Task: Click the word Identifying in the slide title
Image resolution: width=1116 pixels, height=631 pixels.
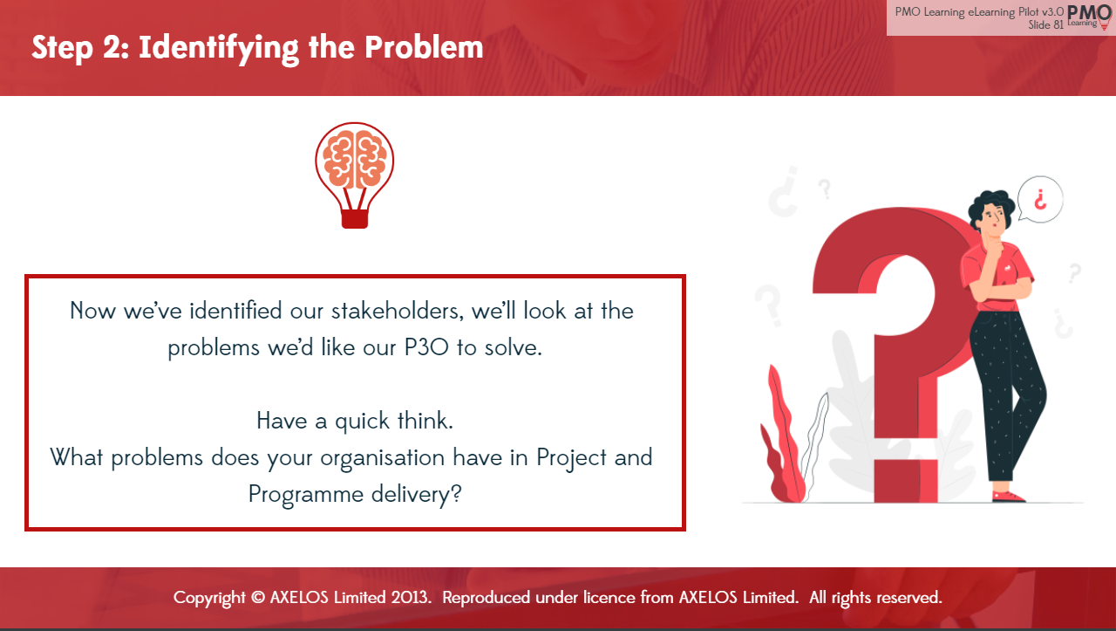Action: click(219, 49)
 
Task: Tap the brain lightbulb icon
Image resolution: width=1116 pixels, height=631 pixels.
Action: click(355, 175)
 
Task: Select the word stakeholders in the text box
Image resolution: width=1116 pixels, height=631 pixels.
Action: click(398, 312)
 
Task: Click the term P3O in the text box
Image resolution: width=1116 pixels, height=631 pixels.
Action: click(426, 347)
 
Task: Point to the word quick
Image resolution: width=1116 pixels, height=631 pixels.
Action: click(362, 422)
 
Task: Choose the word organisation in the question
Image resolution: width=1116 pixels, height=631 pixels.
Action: click(382, 458)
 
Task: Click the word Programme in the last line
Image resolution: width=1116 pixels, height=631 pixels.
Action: click(306, 495)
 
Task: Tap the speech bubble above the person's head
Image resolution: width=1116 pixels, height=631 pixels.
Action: click(1040, 199)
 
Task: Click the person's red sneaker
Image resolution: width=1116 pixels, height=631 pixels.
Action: click(1008, 497)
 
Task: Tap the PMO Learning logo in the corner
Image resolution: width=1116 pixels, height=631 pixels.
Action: click(1089, 17)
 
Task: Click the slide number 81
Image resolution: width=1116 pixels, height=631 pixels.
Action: click(1058, 25)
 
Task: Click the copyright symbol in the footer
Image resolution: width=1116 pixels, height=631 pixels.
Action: click(258, 598)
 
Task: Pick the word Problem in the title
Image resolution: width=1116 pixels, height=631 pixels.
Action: click(424, 48)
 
